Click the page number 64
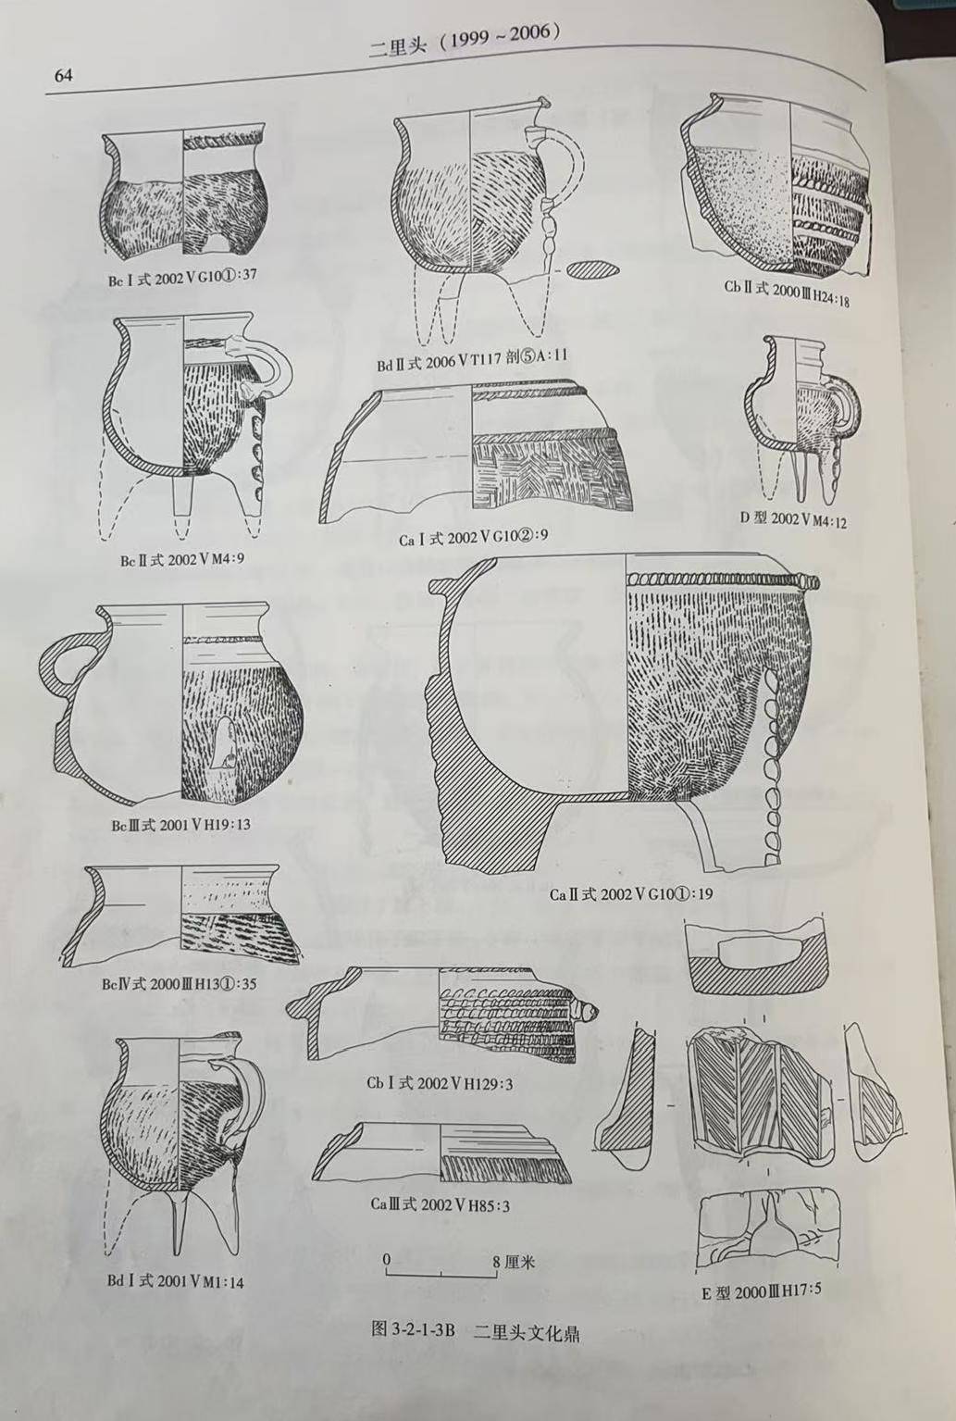click(64, 76)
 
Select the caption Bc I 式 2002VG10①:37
click(182, 278)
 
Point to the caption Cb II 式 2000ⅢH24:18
click(787, 293)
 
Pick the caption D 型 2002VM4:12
click(793, 519)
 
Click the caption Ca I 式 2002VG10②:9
click(474, 538)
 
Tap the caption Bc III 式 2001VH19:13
click(180, 824)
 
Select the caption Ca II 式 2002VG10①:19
click(631, 894)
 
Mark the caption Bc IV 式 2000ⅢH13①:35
click(180, 984)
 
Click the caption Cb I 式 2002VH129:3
click(440, 1083)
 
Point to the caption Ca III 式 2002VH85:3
click(441, 1203)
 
